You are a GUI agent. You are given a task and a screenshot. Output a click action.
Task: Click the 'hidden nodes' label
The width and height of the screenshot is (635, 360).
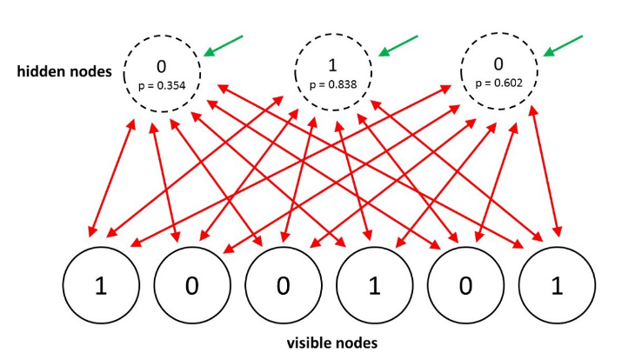coord(64,72)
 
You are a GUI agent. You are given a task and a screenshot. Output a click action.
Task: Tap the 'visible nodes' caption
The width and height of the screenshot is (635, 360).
coord(332,342)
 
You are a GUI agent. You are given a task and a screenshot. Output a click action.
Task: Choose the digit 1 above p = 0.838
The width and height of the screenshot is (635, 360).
coord(332,65)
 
